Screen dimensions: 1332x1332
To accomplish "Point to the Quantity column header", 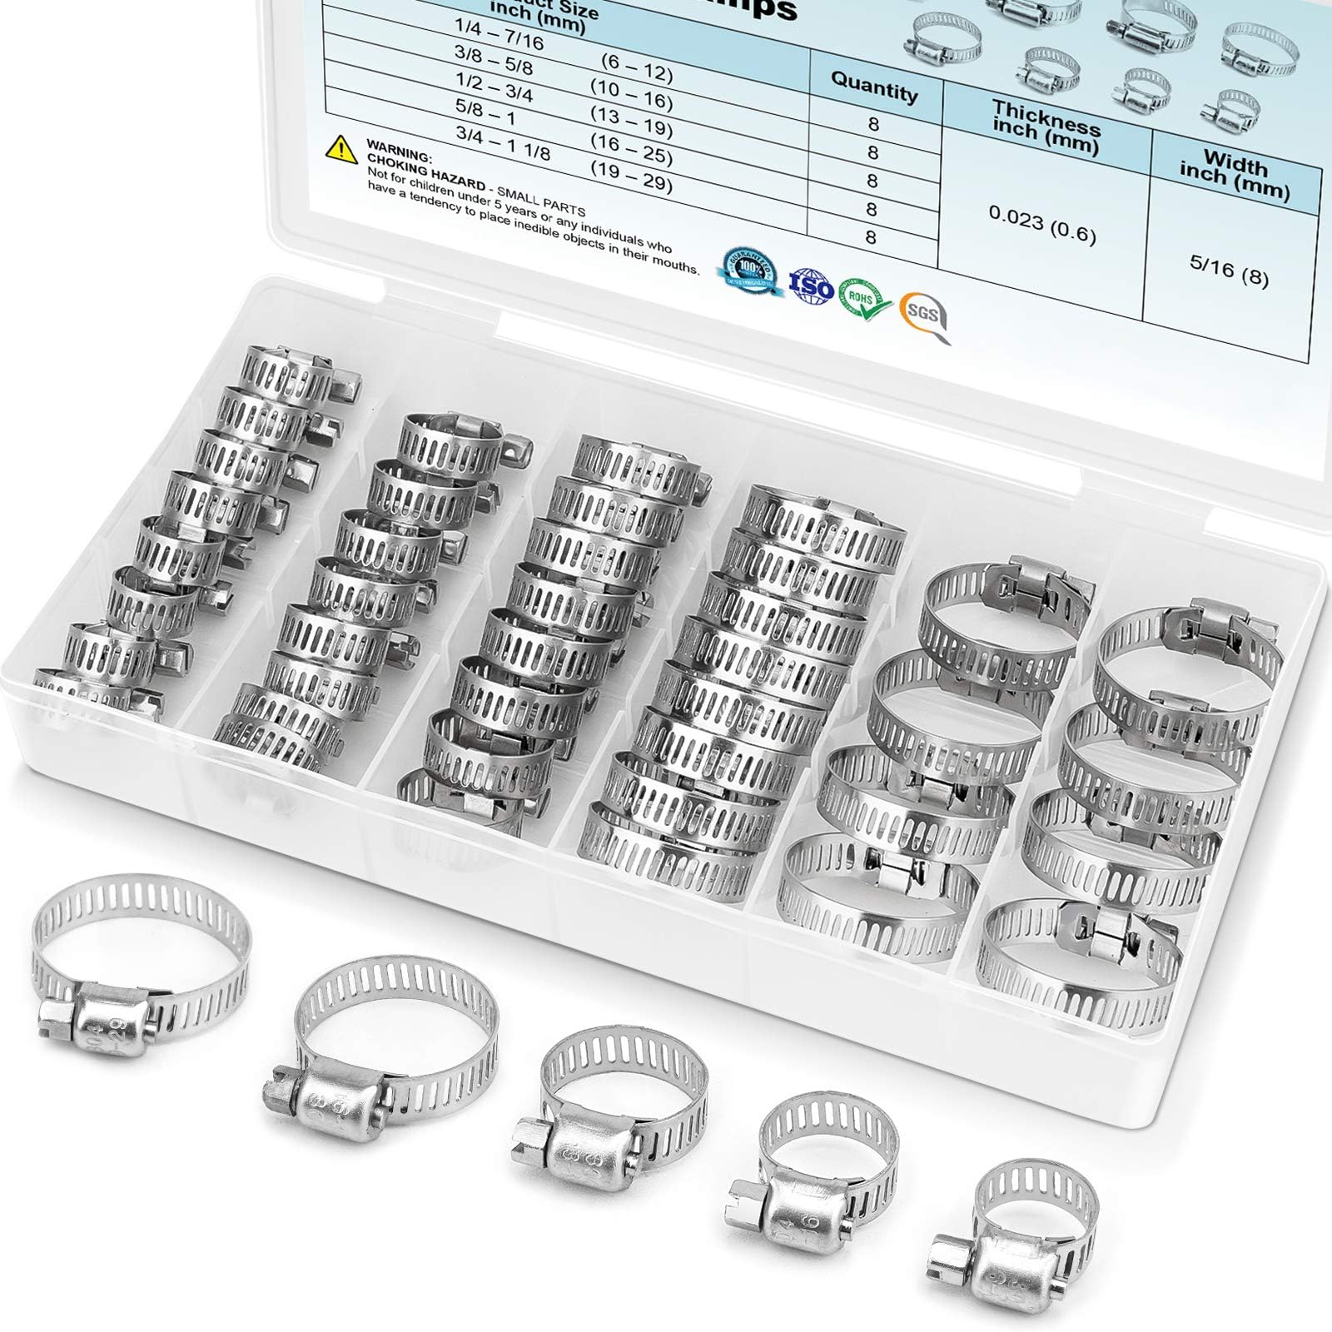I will (874, 87).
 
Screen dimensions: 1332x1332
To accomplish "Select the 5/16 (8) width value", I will (1229, 268).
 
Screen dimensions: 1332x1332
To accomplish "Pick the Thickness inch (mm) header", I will (1046, 127).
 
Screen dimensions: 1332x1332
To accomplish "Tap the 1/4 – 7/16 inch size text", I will (499, 34).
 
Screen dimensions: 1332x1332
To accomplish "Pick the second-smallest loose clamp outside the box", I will (824, 1157).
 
